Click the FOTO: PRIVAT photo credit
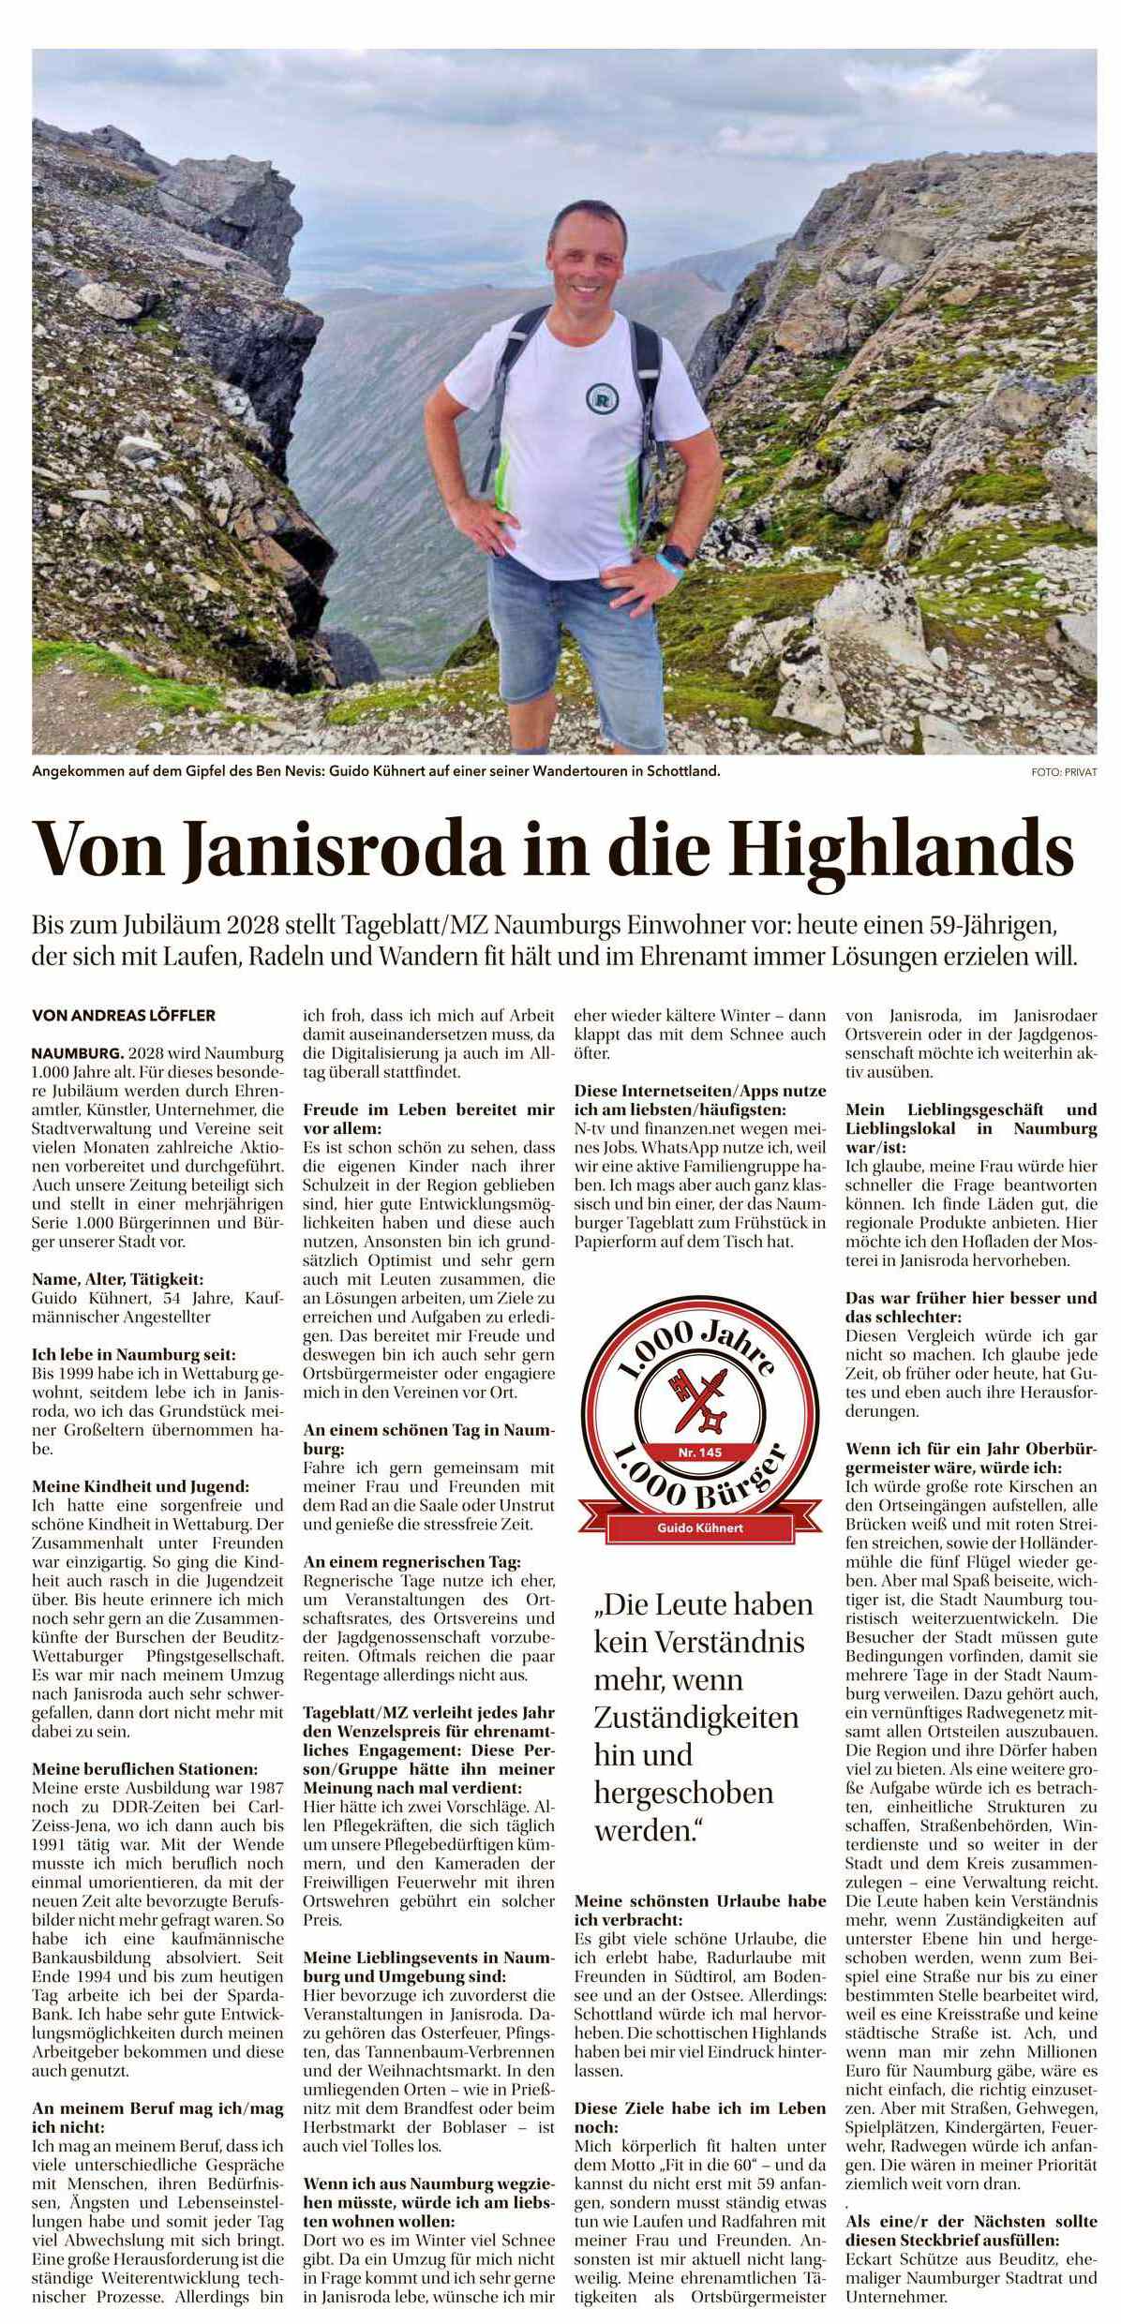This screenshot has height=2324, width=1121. click(x=1062, y=772)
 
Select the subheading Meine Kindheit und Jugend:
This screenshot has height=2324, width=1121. click(x=142, y=1486)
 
